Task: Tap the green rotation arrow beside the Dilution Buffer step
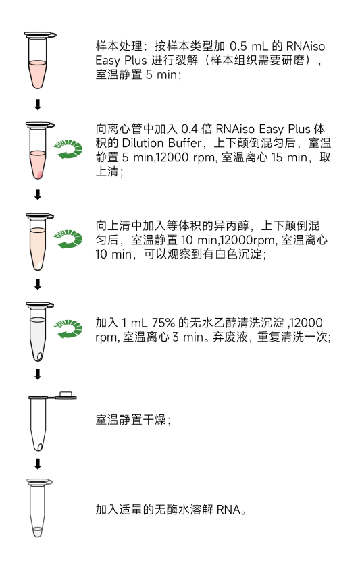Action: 68,149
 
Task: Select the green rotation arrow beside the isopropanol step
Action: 68,239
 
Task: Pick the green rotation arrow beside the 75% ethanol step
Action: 68,329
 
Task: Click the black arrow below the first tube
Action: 38,105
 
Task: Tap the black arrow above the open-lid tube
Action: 38,374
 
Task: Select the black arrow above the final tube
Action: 38,464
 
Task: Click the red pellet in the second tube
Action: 40,175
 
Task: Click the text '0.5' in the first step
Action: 238,46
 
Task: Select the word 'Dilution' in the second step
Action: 143,143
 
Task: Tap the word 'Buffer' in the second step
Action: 184,143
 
